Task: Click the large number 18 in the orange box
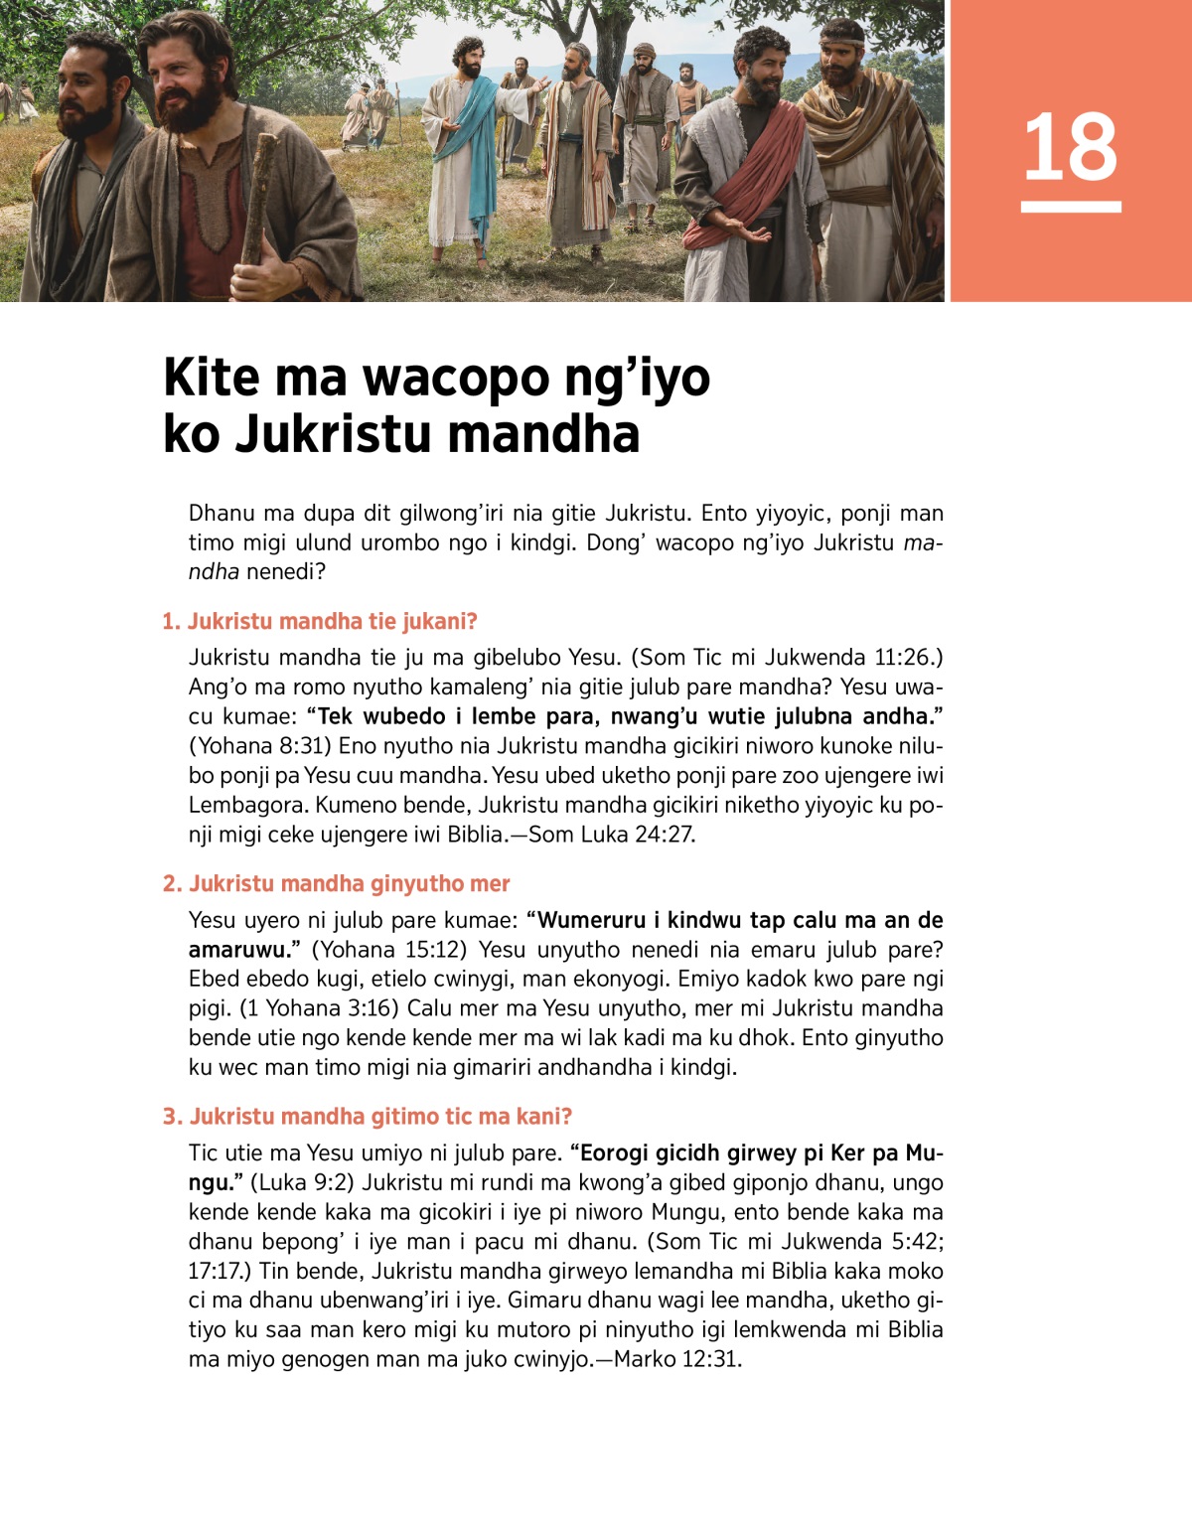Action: tap(1070, 147)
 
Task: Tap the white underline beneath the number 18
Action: tap(1070, 207)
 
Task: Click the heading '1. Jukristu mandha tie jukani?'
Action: tap(320, 622)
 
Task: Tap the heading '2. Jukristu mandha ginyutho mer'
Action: tap(336, 884)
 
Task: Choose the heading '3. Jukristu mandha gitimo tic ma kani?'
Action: tap(368, 1117)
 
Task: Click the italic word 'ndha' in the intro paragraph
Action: tap(214, 572)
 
